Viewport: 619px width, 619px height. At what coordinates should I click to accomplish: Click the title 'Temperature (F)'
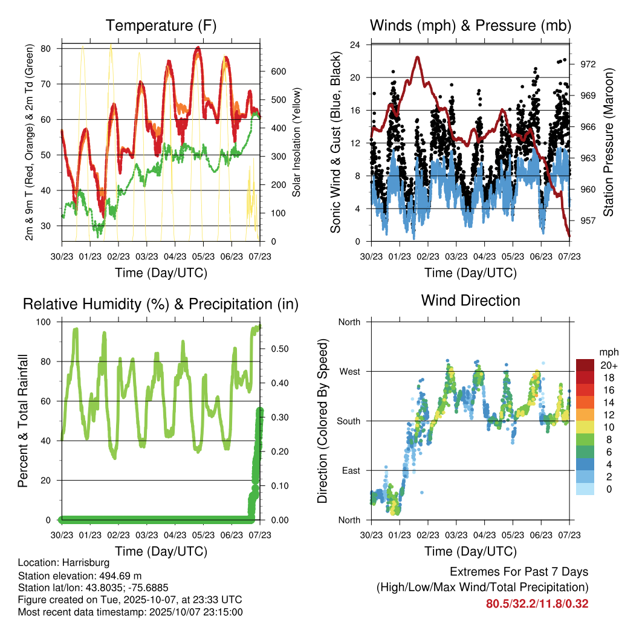click(x=161, y=25)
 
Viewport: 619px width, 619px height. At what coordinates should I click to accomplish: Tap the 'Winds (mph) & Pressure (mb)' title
click(x=470, y=25)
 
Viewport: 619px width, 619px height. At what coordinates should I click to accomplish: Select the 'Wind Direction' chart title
click(x=470, y=300)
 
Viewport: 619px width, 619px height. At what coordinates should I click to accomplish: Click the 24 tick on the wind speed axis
click(x=355, y=45)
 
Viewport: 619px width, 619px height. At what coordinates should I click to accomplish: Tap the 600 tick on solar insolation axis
click(x=277, y=71)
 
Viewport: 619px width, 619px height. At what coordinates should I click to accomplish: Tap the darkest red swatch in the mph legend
click(x=585, y=365)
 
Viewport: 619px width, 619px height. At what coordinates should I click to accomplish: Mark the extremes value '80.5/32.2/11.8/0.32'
click(x=537, y=603)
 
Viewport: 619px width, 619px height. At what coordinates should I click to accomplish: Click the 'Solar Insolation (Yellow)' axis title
click(x=297, y=143)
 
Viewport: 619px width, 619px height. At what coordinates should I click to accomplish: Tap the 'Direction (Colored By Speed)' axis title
click(x=323, y=421)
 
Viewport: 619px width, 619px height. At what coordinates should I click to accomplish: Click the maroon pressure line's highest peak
click(x=417, y=57)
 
